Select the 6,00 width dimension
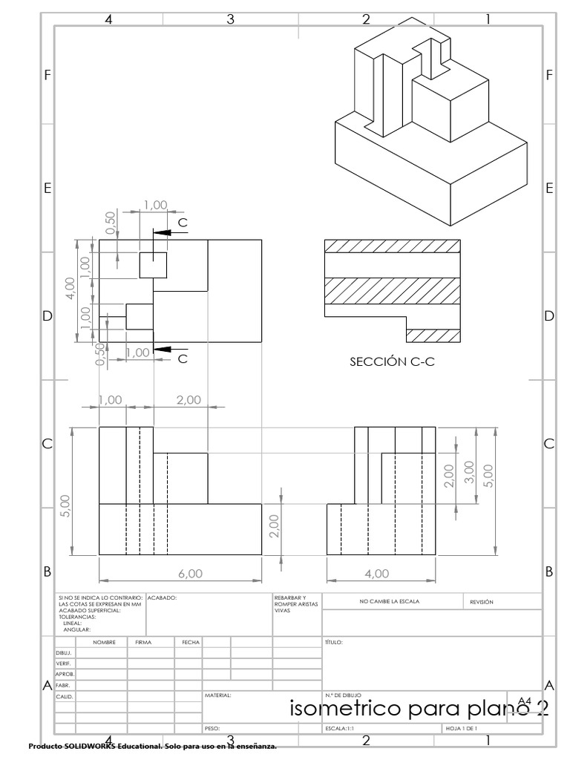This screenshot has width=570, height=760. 180,574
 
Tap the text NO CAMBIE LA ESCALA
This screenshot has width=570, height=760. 389,602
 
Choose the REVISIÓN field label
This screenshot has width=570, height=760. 482,602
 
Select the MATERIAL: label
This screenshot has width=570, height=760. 218,695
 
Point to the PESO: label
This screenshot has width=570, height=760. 212,729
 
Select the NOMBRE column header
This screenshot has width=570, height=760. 104,642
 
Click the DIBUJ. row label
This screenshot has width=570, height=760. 64,652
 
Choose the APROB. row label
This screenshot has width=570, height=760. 65,674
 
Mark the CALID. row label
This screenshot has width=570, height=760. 65,696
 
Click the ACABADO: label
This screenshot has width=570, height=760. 162,597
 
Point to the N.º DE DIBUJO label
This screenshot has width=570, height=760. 342,695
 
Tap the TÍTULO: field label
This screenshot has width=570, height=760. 333,642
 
